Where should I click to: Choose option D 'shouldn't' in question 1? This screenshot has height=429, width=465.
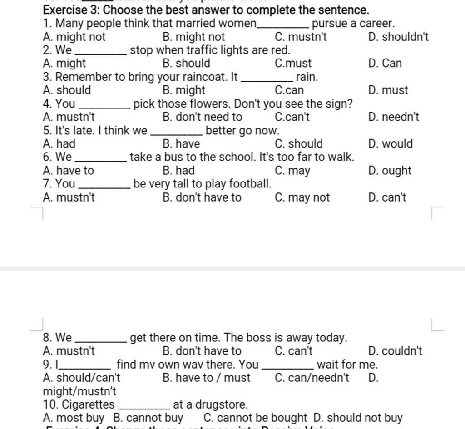[x=398, y=37]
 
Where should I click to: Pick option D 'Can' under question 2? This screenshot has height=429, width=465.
[x=385, y=63]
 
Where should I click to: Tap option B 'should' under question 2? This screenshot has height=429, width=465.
[x=186, y=63]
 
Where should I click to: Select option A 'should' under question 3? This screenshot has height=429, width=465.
[x=67, y=90]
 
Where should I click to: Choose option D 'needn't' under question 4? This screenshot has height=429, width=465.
[x=394, y=117]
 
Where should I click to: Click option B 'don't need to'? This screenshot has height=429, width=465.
[x=202, y=117]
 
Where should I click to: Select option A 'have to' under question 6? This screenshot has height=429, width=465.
[x=68, y=171]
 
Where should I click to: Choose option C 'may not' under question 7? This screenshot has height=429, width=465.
[x=302, y=197]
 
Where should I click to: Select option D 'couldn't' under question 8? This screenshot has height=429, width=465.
[x=396, y=351]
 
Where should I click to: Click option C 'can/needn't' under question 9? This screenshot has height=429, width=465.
[x=312, y=378]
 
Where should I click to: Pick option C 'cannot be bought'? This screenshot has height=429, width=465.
[x=255, y=418]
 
